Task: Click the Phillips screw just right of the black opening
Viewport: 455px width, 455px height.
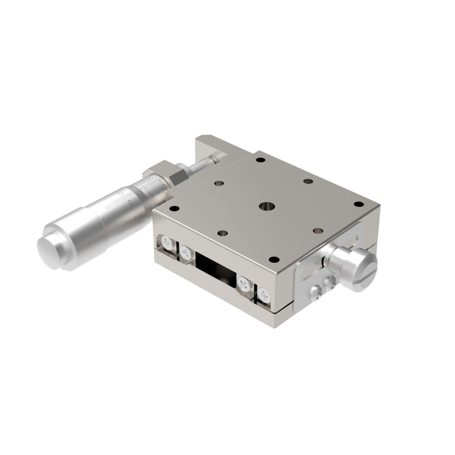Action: click(x=244, y=284)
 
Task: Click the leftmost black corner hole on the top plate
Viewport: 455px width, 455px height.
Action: click(x=174, y=208)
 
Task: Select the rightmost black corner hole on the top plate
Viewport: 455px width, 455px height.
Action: click(x=359, y=204)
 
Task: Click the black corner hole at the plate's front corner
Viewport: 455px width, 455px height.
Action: click(x=274, y=259)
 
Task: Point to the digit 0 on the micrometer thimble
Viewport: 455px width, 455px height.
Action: click(x=121, y=193)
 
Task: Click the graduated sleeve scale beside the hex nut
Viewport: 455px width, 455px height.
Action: click(x=152, y=185)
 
